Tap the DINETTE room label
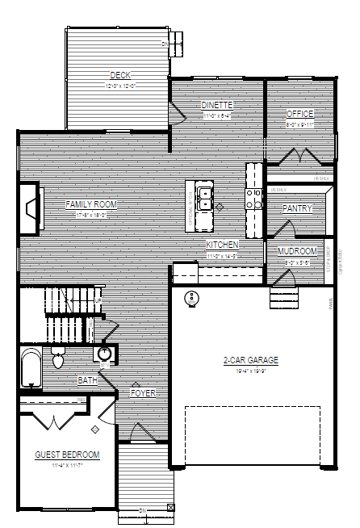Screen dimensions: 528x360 tap(217, 105)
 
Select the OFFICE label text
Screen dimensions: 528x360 tap(300, 114)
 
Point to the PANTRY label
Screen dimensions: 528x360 tap(297, 208)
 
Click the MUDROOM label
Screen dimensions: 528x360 tap(297, 251)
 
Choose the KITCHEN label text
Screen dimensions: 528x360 tap(222, 245)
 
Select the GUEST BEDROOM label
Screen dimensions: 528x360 tap(67, 455)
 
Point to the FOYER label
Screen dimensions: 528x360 tap(142, 393)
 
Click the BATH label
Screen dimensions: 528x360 tap(88, 379)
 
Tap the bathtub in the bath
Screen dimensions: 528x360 tap(30, 368)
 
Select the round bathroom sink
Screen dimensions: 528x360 tap(105, 354)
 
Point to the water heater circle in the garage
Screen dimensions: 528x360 tap(192, 298)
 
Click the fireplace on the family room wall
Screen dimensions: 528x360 tap(31, 208)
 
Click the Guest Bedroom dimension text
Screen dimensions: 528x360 tap(67, 466)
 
